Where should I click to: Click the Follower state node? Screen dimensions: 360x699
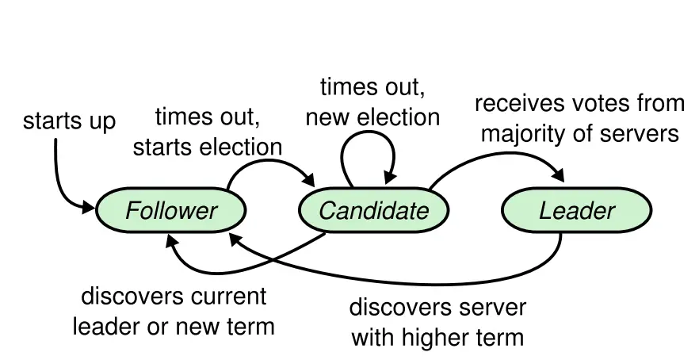point(170,211)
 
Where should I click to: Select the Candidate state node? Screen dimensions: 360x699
point(373,211)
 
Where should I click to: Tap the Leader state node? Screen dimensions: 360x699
point(576,211)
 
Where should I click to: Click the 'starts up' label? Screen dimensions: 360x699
point(69,121)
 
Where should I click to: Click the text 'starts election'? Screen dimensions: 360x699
point(208,146)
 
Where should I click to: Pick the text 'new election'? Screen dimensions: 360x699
point(372,117)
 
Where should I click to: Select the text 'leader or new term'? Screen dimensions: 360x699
point(174,325)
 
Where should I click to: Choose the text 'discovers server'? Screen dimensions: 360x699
point(437,308)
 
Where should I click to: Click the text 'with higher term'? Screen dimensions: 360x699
point(437,338)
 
